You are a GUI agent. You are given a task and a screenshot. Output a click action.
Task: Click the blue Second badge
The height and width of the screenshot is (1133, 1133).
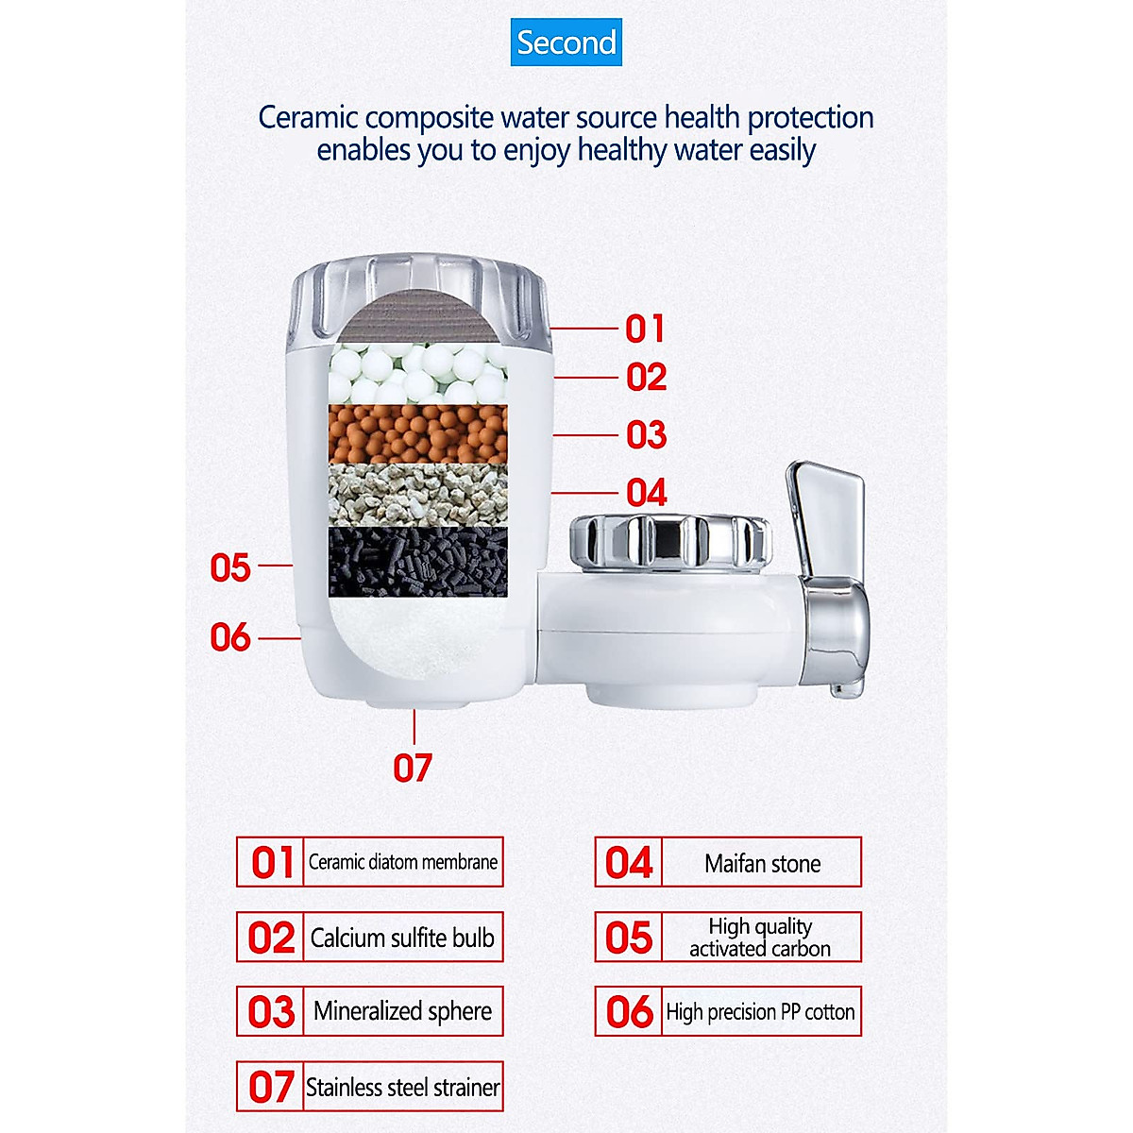pos(566,42)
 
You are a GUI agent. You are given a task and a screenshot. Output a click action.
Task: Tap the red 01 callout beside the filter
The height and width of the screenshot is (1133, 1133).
pos(646,329)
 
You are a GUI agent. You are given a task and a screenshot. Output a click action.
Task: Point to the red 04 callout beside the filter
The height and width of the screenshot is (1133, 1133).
pos(647,492)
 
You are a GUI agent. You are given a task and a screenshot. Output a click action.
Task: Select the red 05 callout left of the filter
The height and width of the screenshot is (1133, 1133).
pos(230,567)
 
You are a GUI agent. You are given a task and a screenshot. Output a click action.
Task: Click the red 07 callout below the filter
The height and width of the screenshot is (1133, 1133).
pos(413,768)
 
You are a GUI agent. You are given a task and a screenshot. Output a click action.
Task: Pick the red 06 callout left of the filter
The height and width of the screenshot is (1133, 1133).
pos(230,637)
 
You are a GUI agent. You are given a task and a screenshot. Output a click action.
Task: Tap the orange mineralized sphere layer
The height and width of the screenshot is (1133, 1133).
pos(417,433)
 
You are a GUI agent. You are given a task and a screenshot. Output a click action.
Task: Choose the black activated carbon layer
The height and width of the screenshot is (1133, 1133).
pos(417,561)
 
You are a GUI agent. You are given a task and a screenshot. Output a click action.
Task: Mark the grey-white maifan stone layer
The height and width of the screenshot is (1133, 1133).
pos(417,494)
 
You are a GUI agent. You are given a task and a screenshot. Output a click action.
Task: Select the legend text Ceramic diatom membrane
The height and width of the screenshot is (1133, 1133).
pos(403,862)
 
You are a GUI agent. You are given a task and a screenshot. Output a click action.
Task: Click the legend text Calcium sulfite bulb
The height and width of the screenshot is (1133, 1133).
pos(403,938)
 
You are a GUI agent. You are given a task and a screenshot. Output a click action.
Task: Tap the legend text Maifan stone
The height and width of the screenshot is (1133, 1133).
pos(762,863)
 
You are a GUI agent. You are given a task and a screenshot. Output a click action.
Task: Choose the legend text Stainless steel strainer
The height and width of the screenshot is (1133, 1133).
pos(403,1087)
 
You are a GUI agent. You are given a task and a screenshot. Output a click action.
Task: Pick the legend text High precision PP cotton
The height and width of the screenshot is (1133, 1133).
pos(760,1012)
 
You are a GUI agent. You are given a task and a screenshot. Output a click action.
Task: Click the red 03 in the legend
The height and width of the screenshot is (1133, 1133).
pos(272,1012)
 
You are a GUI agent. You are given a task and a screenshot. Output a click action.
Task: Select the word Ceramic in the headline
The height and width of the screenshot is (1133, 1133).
pos(309,118)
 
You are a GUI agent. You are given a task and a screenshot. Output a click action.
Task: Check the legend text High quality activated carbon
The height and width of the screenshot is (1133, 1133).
pos(760,938)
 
